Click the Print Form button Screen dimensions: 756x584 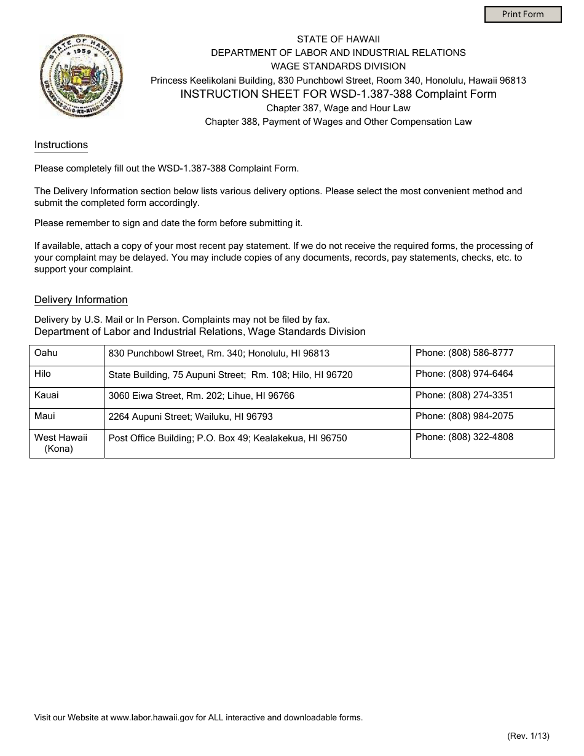click(x=523, y=14)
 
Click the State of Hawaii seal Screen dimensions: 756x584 click(x=81, y=76)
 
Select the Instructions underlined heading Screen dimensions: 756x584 click(x=61, y=145)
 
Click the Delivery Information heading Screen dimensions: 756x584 click(x=81, y=300)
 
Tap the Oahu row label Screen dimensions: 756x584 click(x=46, y=353)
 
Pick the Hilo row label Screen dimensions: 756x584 click(x=43, y=374)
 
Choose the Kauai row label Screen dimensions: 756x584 click(x=47, y=395)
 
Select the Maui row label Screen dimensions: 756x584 click(x=45, y=416)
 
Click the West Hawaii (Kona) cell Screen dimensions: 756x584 click(x=61, y=443)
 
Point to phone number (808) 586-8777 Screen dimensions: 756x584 click(x=481, y=353)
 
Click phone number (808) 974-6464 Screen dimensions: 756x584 click(x=481, y=374)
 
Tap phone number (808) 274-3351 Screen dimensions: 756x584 click(x=481, y=395)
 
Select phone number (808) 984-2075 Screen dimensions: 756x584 click(x=481, y=416)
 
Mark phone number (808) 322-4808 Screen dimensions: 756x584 click(x=481, y=437)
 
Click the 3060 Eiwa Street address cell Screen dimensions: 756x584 click(x=201, y=396)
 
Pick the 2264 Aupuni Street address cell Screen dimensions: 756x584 click(x=191, y=417)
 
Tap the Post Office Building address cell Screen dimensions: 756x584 click(x=227, y=438)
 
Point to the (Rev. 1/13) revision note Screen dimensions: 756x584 click(x=528, y=736)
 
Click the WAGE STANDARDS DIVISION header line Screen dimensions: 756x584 click(x=338, y=66)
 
